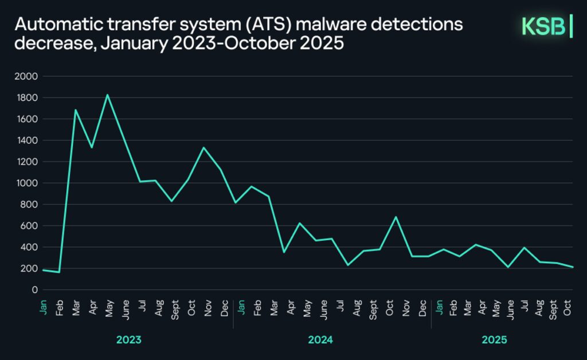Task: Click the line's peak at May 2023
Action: [x=107, y=95]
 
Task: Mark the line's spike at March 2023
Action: [x=75, y=110]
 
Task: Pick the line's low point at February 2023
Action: [x=59, y=272]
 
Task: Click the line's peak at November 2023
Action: [x=204, y=148]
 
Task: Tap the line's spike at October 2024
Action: [x=396, y=217]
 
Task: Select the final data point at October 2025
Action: [x=572, y=267]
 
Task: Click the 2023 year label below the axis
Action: [x=128, y=340]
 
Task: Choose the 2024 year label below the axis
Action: [x=320, y=340]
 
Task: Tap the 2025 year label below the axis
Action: [x=494, y=340]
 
